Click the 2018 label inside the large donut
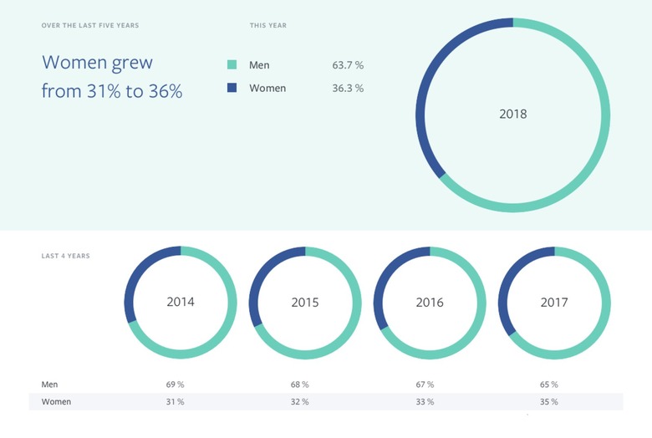(x=512, y=115)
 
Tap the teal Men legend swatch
(x=232, y=64)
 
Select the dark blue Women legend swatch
(x=232, y=88)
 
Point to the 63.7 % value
(x=348, y=64)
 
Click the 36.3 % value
(x=348, y=88)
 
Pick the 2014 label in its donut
(x=181, y=302)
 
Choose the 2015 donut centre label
(x=305, y=302)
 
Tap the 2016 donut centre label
(x=430, y=302)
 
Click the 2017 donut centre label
(x=554, y=302)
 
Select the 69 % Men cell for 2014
(x=176, y=385)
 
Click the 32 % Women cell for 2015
(x=300, y=402)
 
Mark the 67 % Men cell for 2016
(x=425, y=385)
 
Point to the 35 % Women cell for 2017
(x=549, y=402)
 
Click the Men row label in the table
(x=50, y=385)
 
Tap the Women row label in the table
(x=56, y=402)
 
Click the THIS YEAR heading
(x=268, y=26)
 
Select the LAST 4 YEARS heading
(x=66, y=256)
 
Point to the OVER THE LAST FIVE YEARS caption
(x=90, y=26)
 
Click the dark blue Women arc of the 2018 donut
(x=425, y=92)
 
